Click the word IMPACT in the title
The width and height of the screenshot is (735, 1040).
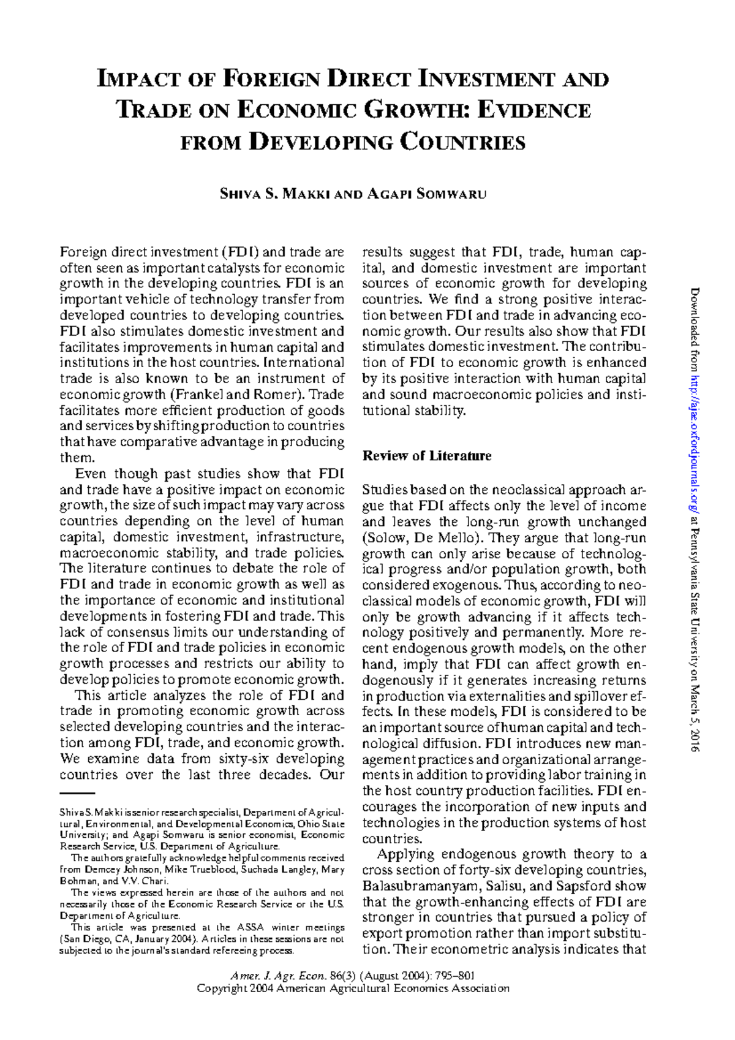[139, 80]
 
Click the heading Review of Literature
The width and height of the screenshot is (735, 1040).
[427, 456]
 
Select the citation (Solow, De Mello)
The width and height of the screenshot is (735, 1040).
[421, 538]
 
